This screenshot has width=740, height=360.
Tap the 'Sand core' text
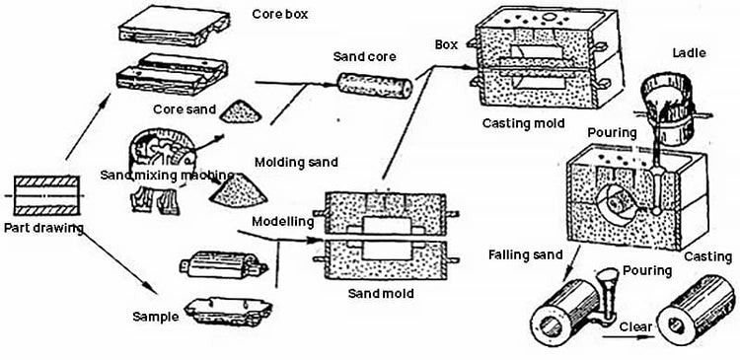(x=364, y=56)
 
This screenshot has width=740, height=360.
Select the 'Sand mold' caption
(x=382, y=294)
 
